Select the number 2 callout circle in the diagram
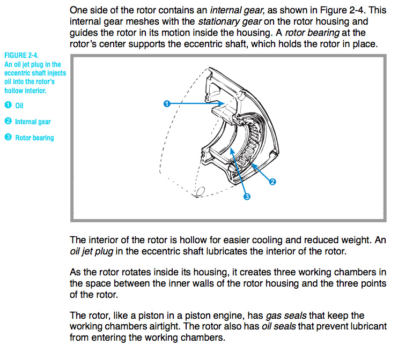pos(272,182)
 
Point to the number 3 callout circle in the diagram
pos(247,197)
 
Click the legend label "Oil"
pos(20,106)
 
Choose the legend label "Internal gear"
pos(33,122)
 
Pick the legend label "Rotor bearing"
pos(34,138)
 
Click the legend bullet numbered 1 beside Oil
pos(8,106)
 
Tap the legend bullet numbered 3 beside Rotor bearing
pos(8,138)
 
